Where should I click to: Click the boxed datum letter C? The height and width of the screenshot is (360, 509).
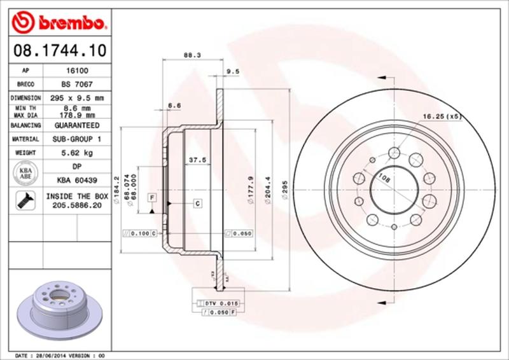click(x=198, y=204)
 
